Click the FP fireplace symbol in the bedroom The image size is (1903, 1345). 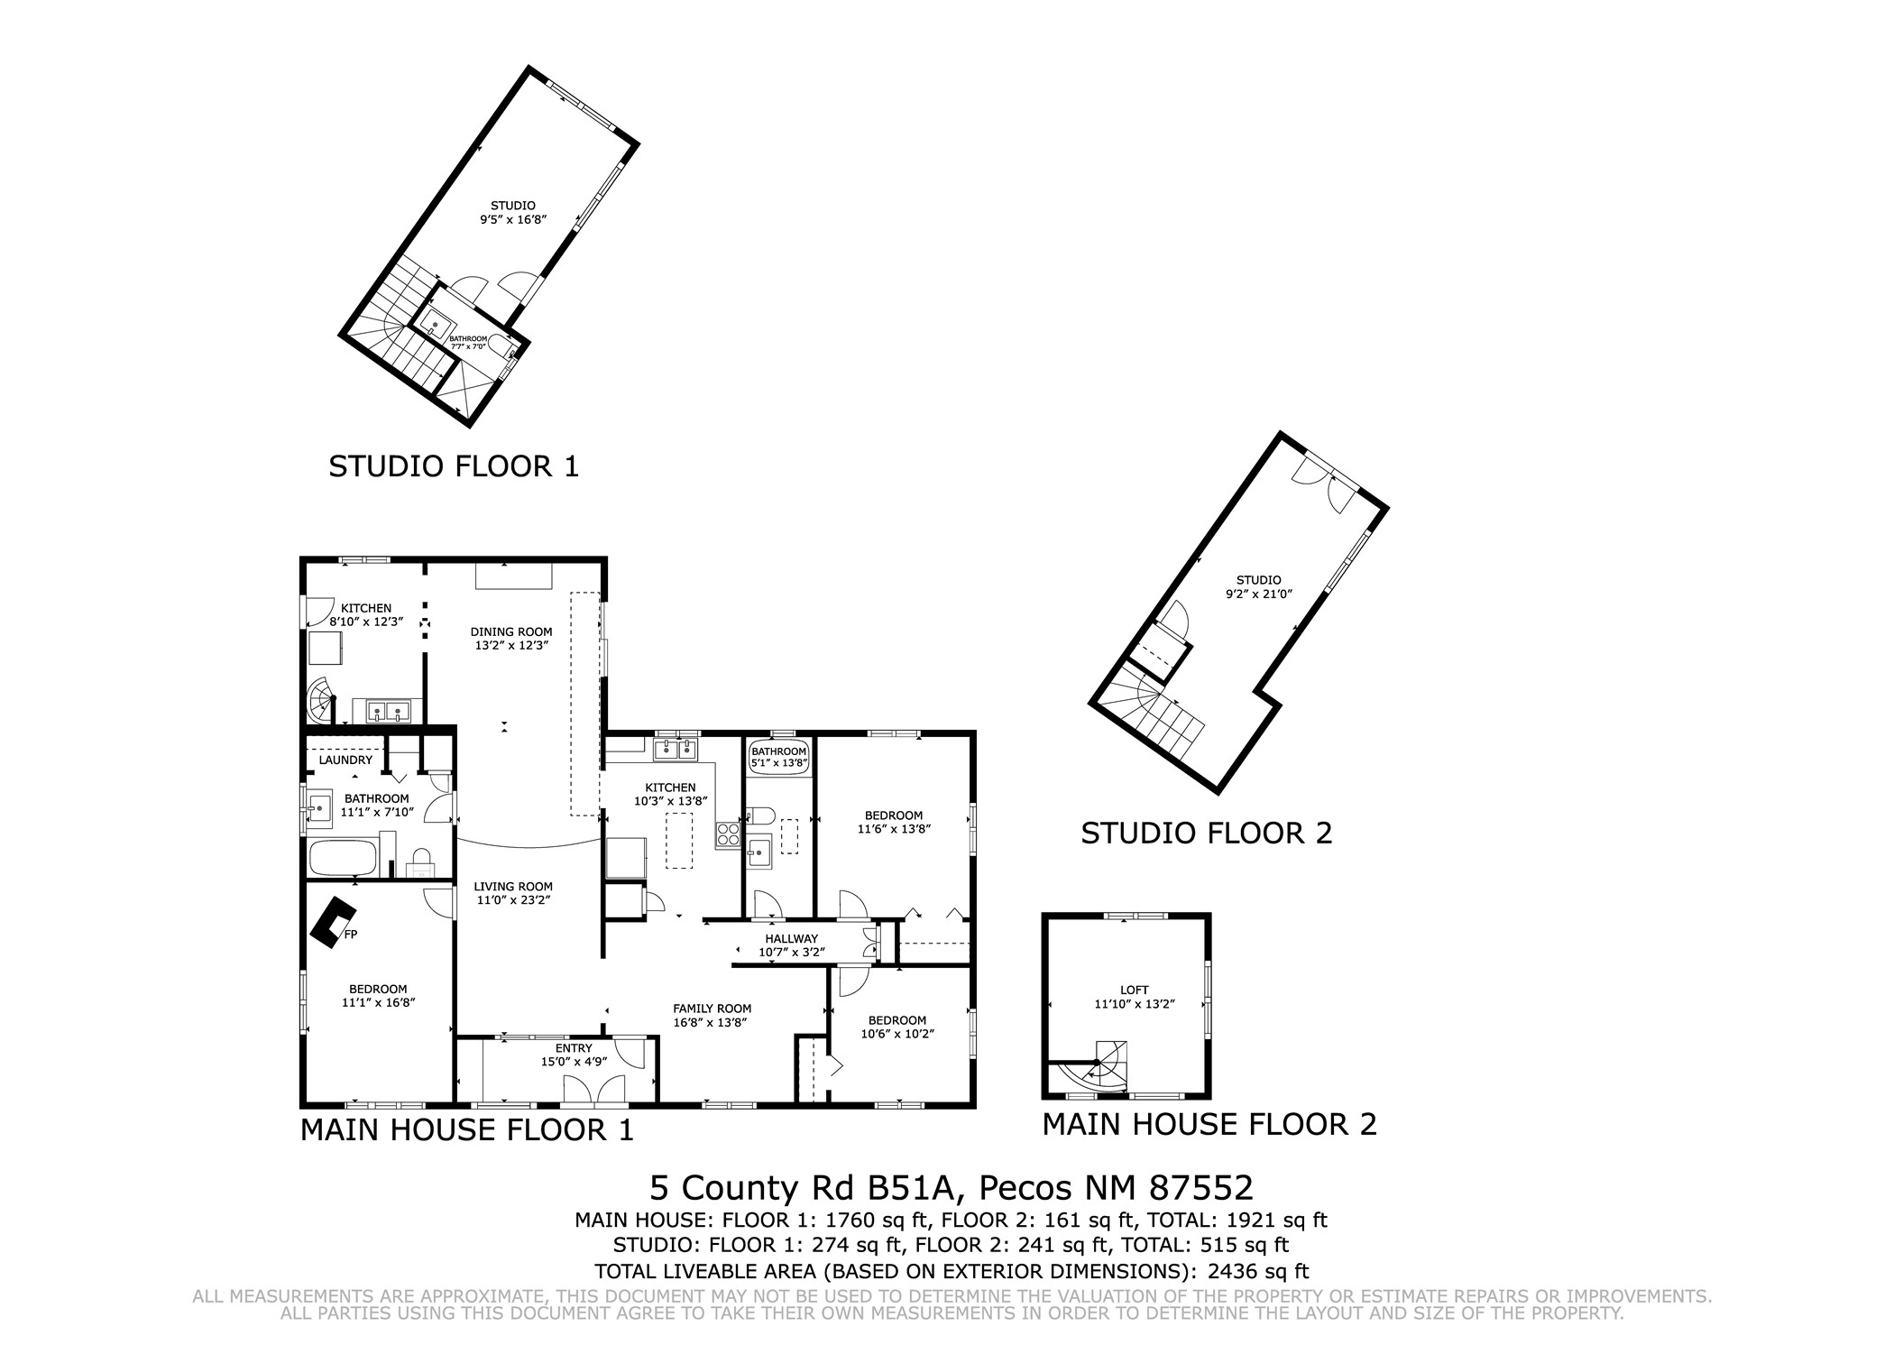(x=332, y=921)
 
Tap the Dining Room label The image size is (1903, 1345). (x=511, y=631)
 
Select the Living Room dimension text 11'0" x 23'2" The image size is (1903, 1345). (x=513, y=899)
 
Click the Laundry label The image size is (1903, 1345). (x=345, y=760)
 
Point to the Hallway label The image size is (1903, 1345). (x=791, y=939)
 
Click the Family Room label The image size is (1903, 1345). (x=712, y=1009)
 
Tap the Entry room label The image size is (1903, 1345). (x=574, y=1048)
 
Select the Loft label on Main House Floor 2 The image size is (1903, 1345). (x=1134, y=990)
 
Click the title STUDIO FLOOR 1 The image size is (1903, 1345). (x=453, y=466)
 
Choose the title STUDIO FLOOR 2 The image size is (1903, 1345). (x=1207, y=833)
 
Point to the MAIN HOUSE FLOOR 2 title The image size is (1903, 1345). (x=1209, y=1124)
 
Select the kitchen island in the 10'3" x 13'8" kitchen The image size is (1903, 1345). (x=679, y=840)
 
